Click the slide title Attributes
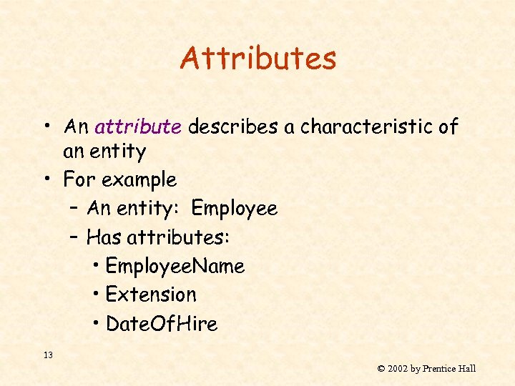[258, 58]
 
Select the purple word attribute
[137, 127]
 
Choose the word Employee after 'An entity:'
[234, 208]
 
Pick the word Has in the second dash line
[103, 237]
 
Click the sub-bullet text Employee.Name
[175, 267]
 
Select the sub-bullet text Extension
[150, 295]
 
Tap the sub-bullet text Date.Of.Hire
[161, 324]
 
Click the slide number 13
[49, 355]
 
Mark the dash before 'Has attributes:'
[75, 237]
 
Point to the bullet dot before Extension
[96, 295]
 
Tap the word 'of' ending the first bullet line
[448, 127]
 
